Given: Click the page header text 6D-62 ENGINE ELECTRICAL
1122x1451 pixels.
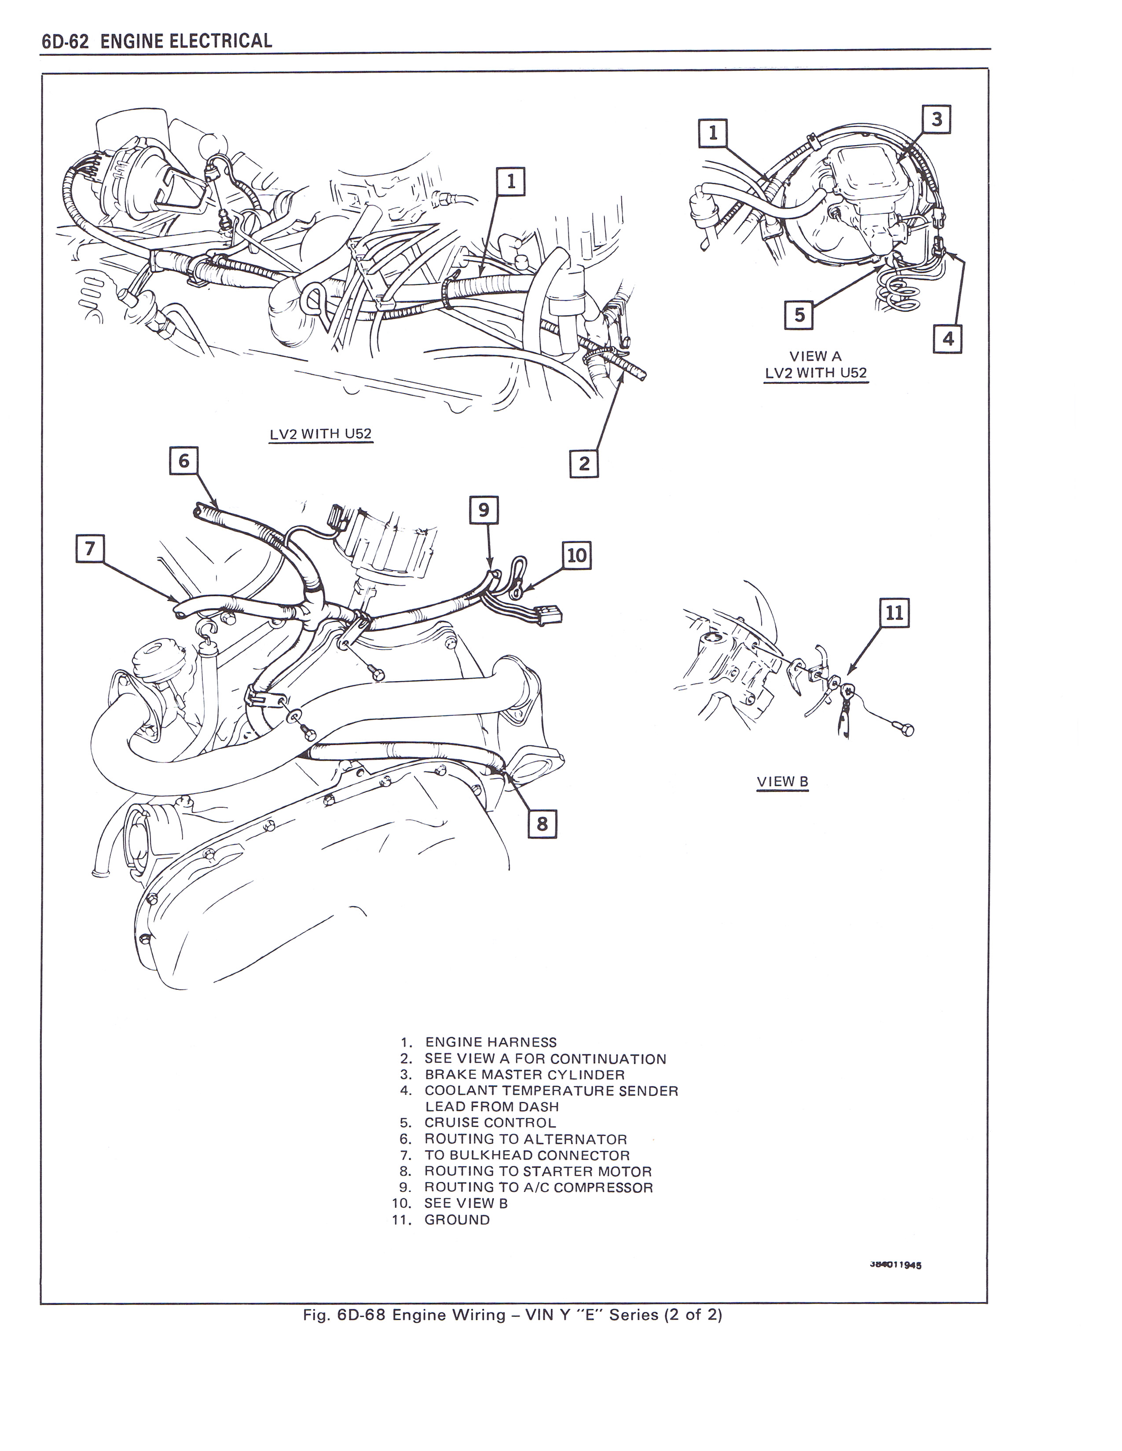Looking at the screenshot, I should point(157,41).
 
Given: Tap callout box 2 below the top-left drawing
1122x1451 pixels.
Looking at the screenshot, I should point(583,463).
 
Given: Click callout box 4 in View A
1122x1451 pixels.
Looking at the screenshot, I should point(948,339).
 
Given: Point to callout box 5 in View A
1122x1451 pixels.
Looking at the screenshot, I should point(799,314).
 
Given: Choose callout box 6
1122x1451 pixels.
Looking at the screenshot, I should point(183,460).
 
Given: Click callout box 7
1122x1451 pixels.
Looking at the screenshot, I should point(90,548).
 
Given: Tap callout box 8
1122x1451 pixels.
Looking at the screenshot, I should point(542,824).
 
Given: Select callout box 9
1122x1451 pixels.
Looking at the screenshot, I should point(483,510).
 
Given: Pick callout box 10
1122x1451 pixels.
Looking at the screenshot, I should point(576,555).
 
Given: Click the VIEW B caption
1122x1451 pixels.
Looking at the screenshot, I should point(782,782).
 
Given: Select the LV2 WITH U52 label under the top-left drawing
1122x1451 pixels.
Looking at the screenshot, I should point(320,434).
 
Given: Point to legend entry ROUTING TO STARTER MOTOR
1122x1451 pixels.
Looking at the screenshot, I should point(538,1171).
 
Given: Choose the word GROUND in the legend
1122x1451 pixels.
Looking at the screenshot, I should point(457,1220).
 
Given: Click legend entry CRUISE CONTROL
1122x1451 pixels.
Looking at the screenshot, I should point(490,1123).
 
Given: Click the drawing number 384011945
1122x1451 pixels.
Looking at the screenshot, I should point(895,1265).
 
